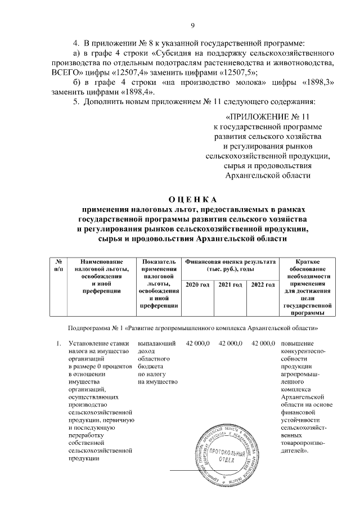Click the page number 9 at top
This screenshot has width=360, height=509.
click(192, 25)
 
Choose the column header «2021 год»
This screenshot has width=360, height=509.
click(230, 286)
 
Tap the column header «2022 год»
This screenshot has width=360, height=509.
click(263, 286)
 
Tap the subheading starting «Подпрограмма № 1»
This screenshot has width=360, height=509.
click(193, 326)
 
